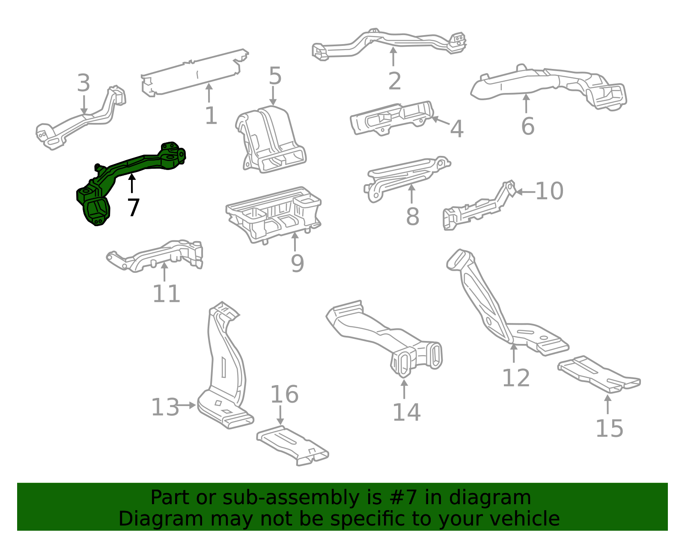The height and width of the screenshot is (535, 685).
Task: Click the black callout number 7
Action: [x=133, y=208]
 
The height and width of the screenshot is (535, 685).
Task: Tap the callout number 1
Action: [x=211, y=115]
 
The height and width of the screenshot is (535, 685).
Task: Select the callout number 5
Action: [x=275, y=76]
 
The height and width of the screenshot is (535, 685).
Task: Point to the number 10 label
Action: [x=549, y=191]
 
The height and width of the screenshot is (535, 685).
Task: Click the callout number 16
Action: [x=284, y=395]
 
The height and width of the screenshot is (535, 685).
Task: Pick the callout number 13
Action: [x=165, y=407]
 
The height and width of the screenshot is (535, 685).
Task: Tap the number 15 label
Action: [x=609, y=428]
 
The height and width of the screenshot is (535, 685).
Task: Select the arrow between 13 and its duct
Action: [x=187, y=406]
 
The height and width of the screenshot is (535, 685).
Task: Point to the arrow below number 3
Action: [x=84, y=105]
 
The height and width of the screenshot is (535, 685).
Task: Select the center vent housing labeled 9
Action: [x=273, y=214]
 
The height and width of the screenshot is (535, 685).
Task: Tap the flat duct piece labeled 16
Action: [x=292, y=445]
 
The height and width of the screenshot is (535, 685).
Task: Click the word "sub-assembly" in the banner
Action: [x=291, y=497]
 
